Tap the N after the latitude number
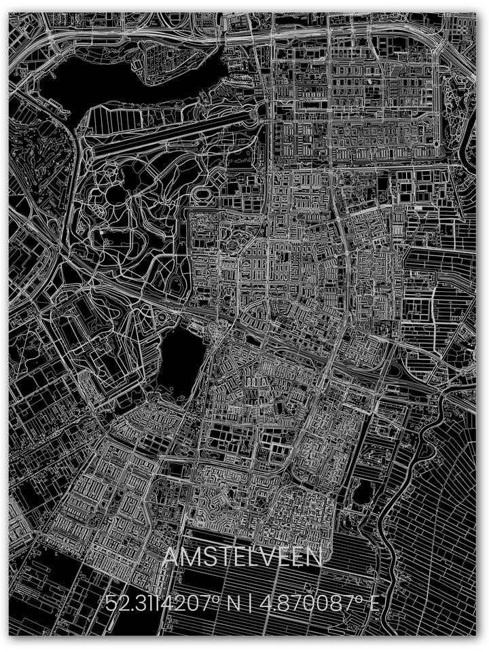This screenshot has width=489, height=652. (x=233, y=602)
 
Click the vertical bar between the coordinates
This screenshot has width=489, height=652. (x=251, y=602)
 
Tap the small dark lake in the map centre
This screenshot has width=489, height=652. (x=182, y=361)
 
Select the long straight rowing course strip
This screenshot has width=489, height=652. (x=170, y=133)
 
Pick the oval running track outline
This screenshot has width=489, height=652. (x=202, y=193)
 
